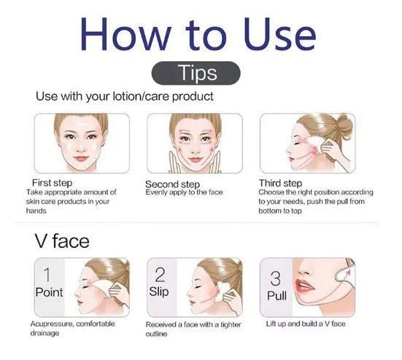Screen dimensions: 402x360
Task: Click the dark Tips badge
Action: (196, 73)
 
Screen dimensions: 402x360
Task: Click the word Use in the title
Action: (279, 34)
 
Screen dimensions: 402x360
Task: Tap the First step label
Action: (52, 183)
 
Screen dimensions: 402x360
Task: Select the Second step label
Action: (172, 184)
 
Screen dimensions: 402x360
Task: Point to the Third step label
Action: (280, 184)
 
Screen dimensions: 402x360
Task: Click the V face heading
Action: (62, 241)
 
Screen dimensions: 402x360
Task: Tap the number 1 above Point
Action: (47, 275)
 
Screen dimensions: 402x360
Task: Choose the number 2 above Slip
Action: (160, 275)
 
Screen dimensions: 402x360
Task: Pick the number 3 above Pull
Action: (275, 278)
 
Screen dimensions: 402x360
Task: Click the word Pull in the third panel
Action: (277, 296)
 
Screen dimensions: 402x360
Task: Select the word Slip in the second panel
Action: (159, 292)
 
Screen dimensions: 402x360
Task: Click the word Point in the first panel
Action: (49, 292)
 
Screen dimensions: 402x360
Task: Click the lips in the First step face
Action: (81, 158)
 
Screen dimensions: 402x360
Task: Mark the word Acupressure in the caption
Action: (51, 324)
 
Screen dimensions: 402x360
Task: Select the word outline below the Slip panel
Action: (156, 334)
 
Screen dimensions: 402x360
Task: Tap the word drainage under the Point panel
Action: (45, 333)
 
